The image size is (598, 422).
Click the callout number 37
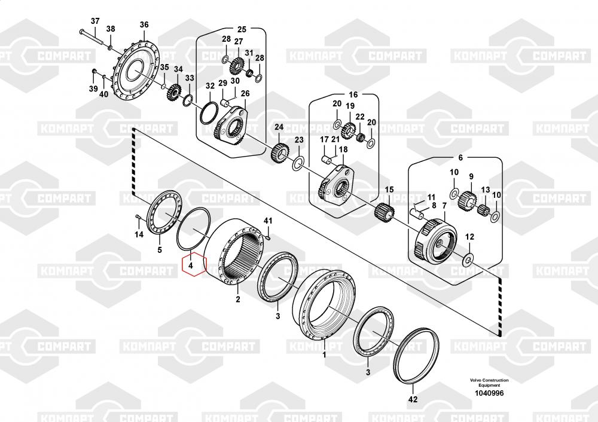[x=94, y=22]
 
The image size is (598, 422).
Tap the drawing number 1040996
[x=489, y=393]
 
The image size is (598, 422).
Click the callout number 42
[x=412, y=399]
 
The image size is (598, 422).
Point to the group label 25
[x=242, y=29]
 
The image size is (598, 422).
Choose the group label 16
[x=353, y=94]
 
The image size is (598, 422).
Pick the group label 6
[x=460, y=158]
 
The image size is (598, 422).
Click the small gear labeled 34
[x=175, y=92]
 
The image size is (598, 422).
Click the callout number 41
[x=268, y=222]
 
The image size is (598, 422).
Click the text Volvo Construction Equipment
[x=489, y=383]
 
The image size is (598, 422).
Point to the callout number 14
[x=139, y=234]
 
